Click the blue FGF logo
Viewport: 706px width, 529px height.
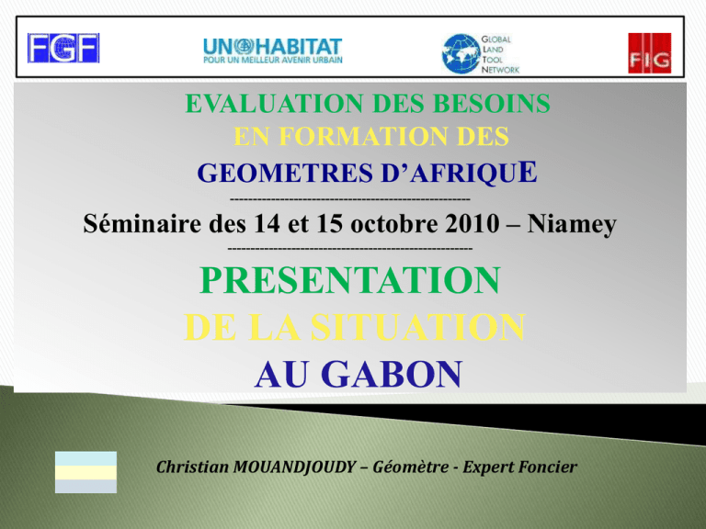tap(63, 48)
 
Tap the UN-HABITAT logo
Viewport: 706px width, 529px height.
tap(272, 51)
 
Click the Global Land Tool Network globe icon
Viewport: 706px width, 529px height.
tap(461, 54)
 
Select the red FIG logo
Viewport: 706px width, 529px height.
tap(649, 53)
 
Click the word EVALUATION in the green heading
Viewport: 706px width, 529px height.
tap(274, 104)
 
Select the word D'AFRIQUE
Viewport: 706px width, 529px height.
tap(459, 173)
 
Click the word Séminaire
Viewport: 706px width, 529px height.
tap(142, 223)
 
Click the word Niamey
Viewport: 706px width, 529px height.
tap(572, 224)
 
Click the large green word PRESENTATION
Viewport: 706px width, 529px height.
tap(350, 280)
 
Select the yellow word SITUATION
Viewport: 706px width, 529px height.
tap(418, 327)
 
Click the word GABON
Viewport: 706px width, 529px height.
tap(392, 375)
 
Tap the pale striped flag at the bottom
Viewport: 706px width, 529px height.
tap(85, 472)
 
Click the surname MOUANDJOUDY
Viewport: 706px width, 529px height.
tap(294, 467)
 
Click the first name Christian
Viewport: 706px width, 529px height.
tap(192, 467)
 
